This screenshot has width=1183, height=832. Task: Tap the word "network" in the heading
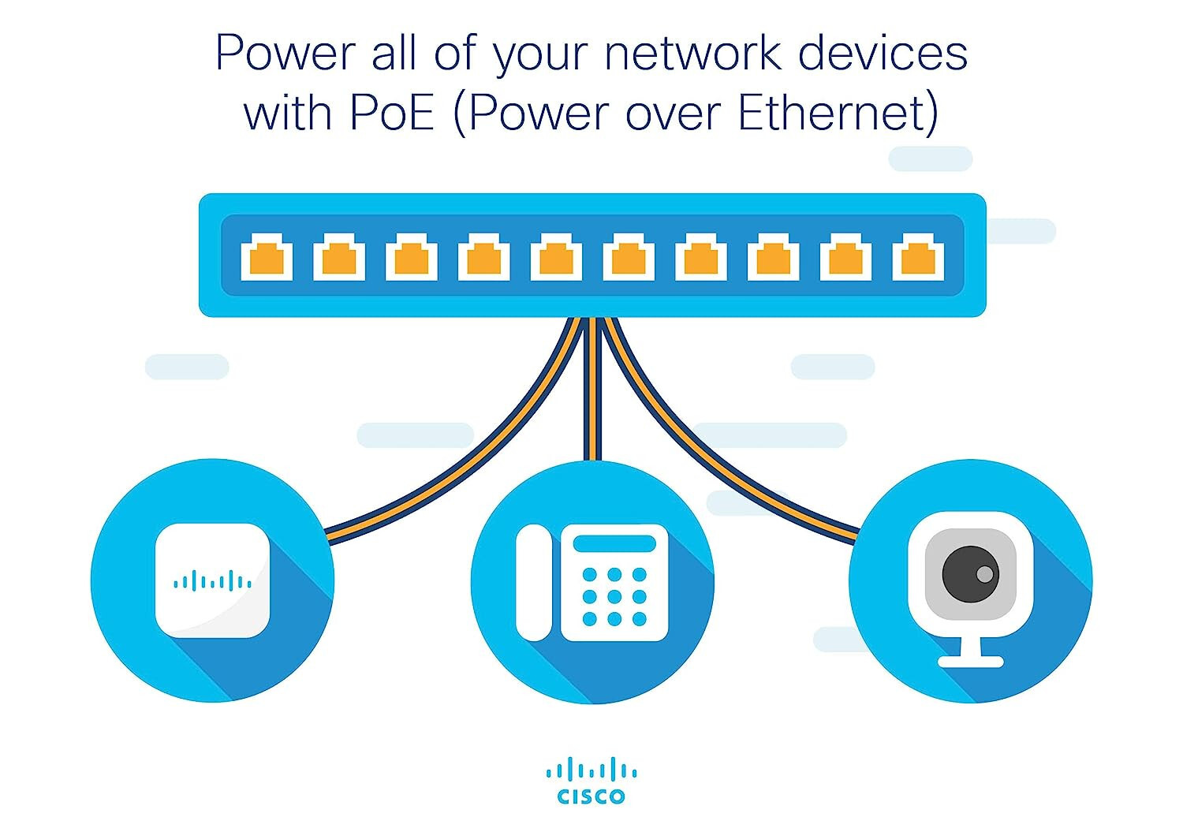point(693,54)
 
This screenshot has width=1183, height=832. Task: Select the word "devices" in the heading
point(883,54)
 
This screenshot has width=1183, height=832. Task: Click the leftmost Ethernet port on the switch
point(267,256)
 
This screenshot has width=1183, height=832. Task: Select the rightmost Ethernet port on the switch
point(918,256)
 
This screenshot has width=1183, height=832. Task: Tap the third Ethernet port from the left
point(412,256)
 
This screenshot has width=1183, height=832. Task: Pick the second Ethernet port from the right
point(845,256)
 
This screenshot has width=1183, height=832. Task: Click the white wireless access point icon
point(212,580)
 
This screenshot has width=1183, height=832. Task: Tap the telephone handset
point(534,582)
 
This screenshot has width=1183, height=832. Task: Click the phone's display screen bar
point(614,543)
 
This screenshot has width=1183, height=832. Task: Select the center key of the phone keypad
point(614,596)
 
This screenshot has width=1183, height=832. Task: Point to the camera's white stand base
point(970,661)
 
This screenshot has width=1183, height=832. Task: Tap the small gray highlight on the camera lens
point(985,574)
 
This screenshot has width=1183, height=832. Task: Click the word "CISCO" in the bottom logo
point(591,797)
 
